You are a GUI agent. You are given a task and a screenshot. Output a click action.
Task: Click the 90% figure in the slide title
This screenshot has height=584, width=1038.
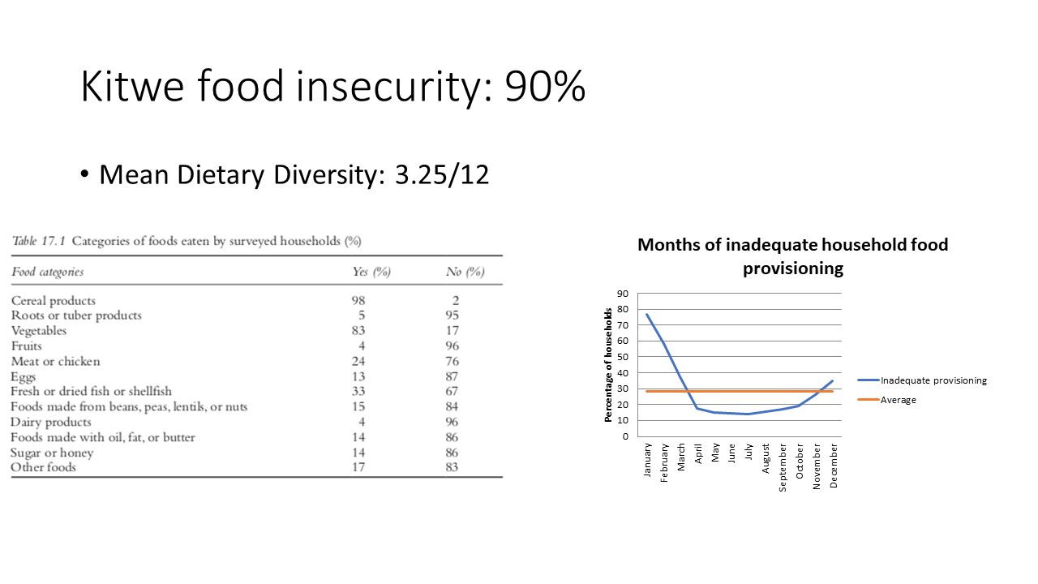click(545, 86)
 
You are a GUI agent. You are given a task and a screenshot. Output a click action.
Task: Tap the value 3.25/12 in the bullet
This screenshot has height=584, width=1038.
click(442, 174)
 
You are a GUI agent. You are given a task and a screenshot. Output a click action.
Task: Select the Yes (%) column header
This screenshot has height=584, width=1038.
click(371, 272)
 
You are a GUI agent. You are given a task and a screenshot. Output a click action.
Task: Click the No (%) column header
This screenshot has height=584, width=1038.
click(465, 272)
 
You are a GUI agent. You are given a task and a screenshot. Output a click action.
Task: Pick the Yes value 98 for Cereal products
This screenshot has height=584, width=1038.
click(358, 301)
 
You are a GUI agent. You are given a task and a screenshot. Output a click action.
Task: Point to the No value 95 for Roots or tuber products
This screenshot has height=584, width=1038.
click(453, 316)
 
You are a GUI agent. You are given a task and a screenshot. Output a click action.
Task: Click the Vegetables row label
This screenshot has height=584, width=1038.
click(39, 331)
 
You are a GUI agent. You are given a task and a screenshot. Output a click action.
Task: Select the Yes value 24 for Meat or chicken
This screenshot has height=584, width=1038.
click(358, 361)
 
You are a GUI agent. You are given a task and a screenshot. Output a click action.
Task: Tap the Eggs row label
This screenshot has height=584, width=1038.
click(24, 377)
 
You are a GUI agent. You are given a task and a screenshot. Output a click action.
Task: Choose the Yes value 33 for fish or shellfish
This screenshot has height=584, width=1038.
click(358, 391)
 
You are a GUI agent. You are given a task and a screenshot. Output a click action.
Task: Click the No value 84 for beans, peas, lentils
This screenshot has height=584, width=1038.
click(452, 406)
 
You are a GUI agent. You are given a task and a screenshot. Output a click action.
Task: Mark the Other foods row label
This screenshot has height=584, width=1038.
click(43, 467)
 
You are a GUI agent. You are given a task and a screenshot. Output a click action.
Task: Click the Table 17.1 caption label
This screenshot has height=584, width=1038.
click(38, 241)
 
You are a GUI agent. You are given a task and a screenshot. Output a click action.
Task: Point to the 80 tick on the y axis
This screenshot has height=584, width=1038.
click(623, 309)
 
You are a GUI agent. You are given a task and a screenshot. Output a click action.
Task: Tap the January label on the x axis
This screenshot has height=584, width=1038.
click(647, 460)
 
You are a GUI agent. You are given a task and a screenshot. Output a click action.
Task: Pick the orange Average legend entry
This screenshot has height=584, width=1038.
click(887, 400)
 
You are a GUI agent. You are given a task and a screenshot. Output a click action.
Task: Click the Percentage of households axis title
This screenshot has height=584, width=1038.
click(608, 365)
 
